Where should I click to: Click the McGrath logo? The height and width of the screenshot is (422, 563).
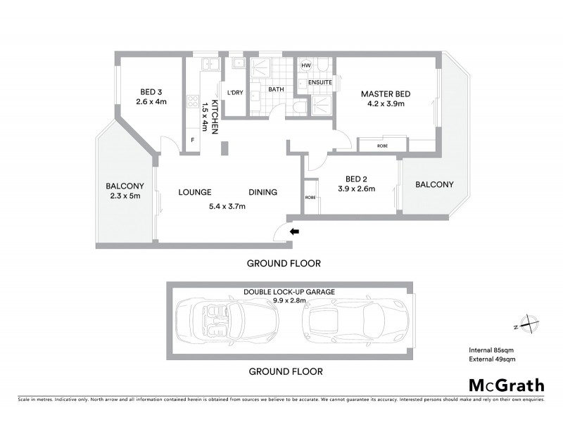(507, 385)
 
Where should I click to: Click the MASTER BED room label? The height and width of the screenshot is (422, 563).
(386, 94)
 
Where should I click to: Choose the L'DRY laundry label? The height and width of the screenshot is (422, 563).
(234, 92)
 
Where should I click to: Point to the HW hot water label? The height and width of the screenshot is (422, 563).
(305, 65)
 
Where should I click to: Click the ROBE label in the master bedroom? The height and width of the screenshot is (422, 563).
(381, 146)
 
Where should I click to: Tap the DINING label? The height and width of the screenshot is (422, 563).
(262, 192)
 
